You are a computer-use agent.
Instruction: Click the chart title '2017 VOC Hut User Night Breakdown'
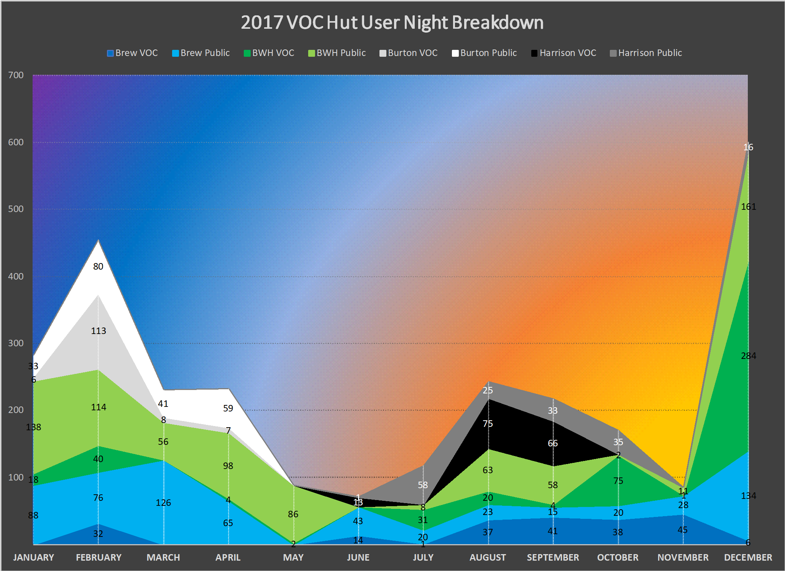[x=392, y=23]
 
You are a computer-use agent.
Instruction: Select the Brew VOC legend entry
[x=133, y=53]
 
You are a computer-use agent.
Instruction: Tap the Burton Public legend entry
[x=484, y=53]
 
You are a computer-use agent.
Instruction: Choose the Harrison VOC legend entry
[x=564, y=53]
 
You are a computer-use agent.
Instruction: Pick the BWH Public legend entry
[x=337, y=53]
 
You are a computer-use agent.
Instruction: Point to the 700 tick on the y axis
[x=16, y=75]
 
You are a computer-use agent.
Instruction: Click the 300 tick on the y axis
[x=16, y=343]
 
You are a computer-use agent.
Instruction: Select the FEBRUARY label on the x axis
[x=99, y=558]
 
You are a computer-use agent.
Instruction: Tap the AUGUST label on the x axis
[x=488, y=558]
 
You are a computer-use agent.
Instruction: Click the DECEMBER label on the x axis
[x=748, y=558]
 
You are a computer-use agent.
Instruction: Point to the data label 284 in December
[x=748, y=356]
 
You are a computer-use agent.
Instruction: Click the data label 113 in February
[x=99, y=331]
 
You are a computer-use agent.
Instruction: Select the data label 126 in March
[x=163, y=503]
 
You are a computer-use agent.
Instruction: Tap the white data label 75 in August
[x=488, y=424]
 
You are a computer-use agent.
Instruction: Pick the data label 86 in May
[x=293, y=514]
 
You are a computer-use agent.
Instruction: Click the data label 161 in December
[x=748, y=207]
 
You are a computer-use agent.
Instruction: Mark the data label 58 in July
[x=423, y=485]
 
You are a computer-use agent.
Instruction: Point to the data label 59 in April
[x=228, y=408]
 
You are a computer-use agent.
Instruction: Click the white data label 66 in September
[x=553, y=443]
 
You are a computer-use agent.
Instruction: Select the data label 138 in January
[x=33, y=427]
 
